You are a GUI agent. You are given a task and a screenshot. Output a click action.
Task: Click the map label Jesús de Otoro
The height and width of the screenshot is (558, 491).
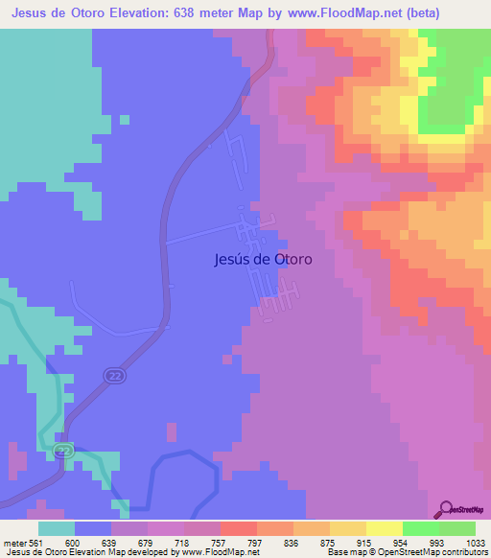(x=260, y=258)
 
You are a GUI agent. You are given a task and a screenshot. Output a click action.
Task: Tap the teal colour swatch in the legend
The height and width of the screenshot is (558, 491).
(x=57, y=528)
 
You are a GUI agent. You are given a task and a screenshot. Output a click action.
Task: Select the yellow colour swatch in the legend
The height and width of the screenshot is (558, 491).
(x=384, y=528)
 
